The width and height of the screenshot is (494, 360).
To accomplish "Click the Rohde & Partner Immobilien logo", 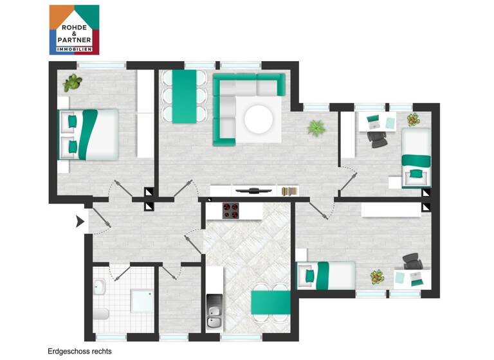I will click(74, 30).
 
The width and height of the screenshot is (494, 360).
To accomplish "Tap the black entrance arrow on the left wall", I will click(80, 222).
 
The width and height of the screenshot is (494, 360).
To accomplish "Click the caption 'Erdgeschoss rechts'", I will click(79, 352).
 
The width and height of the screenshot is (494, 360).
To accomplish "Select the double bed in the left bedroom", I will click(89, 134).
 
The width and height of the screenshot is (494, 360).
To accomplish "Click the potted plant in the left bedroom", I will click(73, 82).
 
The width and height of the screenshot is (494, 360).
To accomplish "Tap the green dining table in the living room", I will click(184, 96).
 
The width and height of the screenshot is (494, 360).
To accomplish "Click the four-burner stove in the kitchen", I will click(231, 211).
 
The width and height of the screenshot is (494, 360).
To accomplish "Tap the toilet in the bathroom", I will click(101, 314).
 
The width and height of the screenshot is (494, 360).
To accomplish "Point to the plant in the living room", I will click(316, 128).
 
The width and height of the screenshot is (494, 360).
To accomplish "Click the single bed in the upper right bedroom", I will click(416, 157).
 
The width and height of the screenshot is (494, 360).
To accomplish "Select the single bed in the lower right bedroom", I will click(325, 275).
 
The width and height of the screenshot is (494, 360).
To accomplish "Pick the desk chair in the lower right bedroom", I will click(412, 261).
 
